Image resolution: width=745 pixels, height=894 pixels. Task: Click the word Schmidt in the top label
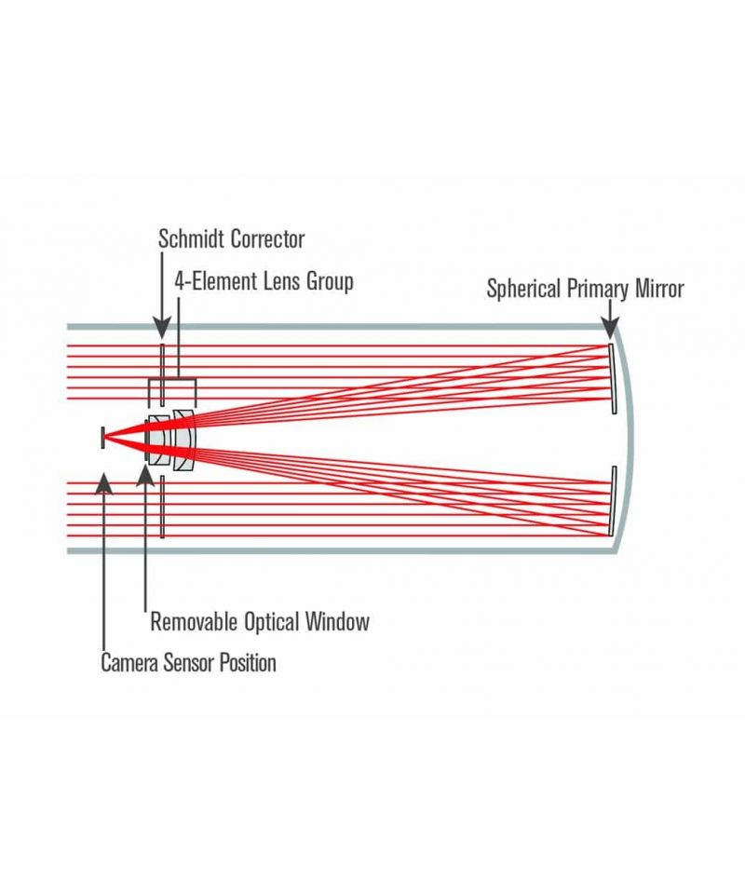tap(192, 238)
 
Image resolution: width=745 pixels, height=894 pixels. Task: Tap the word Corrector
tap(268, 238)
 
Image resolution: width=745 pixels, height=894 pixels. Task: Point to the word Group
tap(330, 282)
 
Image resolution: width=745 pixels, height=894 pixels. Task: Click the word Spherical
tap(523, 289)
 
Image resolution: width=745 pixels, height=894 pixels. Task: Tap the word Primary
tap(597, 289)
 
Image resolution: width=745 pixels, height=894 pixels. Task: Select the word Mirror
tap(659, 288)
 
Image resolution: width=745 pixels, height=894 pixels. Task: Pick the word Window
tap(337, 621)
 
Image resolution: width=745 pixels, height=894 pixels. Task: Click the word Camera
tap(129, 662)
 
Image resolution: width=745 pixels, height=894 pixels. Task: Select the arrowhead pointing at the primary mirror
tap(611, 329)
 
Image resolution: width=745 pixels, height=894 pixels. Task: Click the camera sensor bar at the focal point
tap(102, 438)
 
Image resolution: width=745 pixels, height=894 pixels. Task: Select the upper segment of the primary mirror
tap(612, 379)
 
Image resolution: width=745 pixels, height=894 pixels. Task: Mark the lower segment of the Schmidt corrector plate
tap(162, 507)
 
